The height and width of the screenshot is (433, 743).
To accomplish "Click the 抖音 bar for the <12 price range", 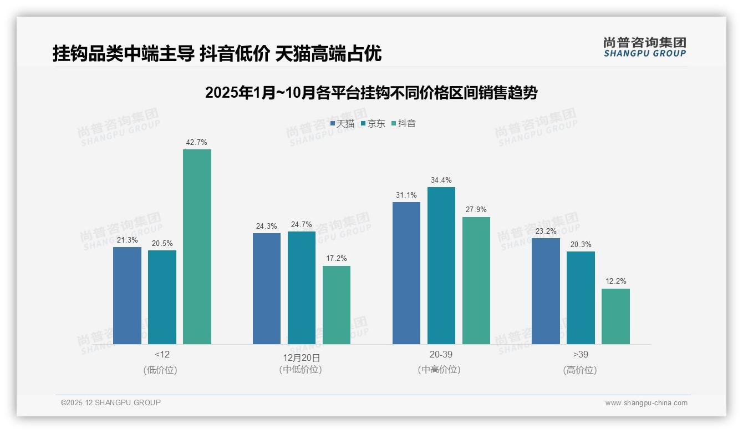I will pyautogui.click(x=197, y=246).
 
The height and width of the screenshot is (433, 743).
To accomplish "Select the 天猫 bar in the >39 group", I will pyautogui.click(x=546, y=291).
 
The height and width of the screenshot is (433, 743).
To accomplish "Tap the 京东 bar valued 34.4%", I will pyautogui.click(x=441, y=265).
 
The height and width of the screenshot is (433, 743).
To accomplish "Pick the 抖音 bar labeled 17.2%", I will pyautogui.click(x=337, y=305).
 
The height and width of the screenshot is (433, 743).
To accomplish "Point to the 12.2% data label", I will pyautogui.click(x=615, y=281).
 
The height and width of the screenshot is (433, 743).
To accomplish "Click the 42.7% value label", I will pyautogui.click(x=197, y=143).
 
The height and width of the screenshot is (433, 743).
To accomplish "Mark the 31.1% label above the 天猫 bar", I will pyautogui.click(x=406, y=195).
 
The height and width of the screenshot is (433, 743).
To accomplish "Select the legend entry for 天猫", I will pyautogui.click(x=342, y=124).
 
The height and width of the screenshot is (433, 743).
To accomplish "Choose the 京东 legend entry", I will pyautogui.click(x=373, y=124).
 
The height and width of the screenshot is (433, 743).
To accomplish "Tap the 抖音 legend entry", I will pyautogui.click(x=404, y=124).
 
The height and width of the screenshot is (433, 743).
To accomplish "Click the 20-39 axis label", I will pyautogui.click(x=441, y=354).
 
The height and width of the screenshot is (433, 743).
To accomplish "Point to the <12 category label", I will pyautogui.click(x=162, y=354).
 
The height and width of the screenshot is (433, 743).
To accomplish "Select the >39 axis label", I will pyautogui.click(x=581, y=354).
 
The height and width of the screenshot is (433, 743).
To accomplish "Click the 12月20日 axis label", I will pyautogui.click(x=302, y=358).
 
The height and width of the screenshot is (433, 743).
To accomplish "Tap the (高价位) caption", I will pyautogui.click(x=580, y=370).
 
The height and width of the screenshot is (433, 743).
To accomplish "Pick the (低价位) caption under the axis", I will pyautogui.click(x=160, y=370).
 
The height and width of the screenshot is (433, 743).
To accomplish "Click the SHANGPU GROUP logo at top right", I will pyautogui.click(x=644, y=47).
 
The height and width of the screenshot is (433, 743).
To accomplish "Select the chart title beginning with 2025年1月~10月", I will pyautogui.click(x=371, y=93).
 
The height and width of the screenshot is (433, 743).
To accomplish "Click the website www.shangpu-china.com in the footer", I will pyautogui.click(x=646, y=403).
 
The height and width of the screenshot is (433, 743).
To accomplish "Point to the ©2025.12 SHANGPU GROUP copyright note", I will pyautogui.click(x=111, y=402).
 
